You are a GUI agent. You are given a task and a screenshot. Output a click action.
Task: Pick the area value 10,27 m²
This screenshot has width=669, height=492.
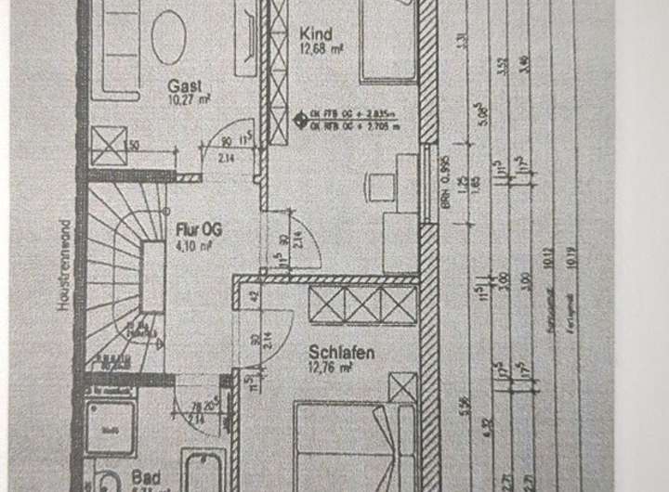[186, 96]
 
